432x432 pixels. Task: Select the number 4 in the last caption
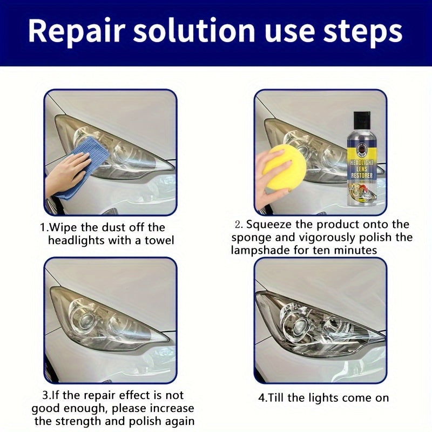click(x=262, y=398)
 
